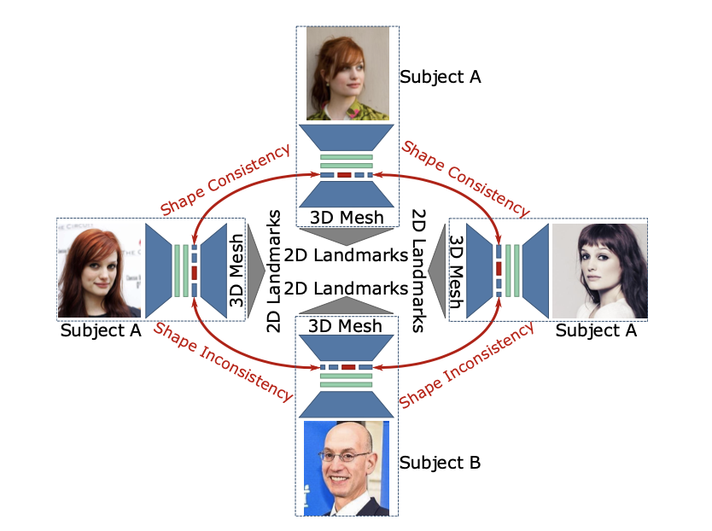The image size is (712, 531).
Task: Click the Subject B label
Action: tap(440, 463)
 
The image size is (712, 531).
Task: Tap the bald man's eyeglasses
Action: tap(347, 456)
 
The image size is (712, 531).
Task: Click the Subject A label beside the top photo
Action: tap(440, 77)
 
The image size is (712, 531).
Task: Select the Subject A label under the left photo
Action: tap(100, 330)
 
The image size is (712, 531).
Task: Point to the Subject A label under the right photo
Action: tap(596, 330)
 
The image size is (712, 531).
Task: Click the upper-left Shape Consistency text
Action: tap(225, 179)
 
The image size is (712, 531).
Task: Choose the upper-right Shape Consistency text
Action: tap(465, 179)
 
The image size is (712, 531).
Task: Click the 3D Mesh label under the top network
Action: tap(347, 217)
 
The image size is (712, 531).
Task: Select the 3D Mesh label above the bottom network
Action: tap(347, 325)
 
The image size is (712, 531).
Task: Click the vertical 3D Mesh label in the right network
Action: tap(457, 271)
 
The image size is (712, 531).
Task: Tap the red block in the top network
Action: tap(345, 175)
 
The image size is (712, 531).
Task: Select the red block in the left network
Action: tap(195, 271)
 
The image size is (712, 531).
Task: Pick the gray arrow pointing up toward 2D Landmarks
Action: tap(347, 306)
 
